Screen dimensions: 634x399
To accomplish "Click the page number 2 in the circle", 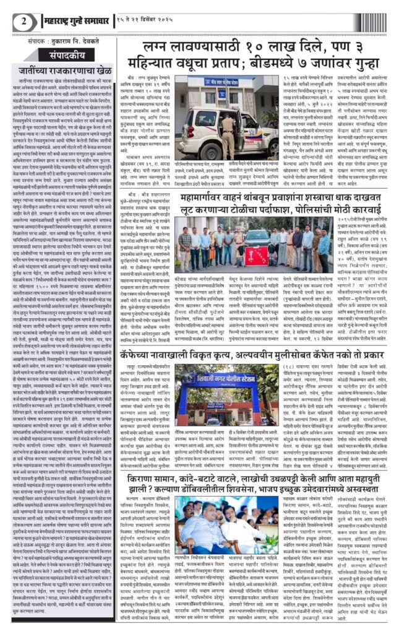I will pyautogui.click(x=24, y=20).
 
